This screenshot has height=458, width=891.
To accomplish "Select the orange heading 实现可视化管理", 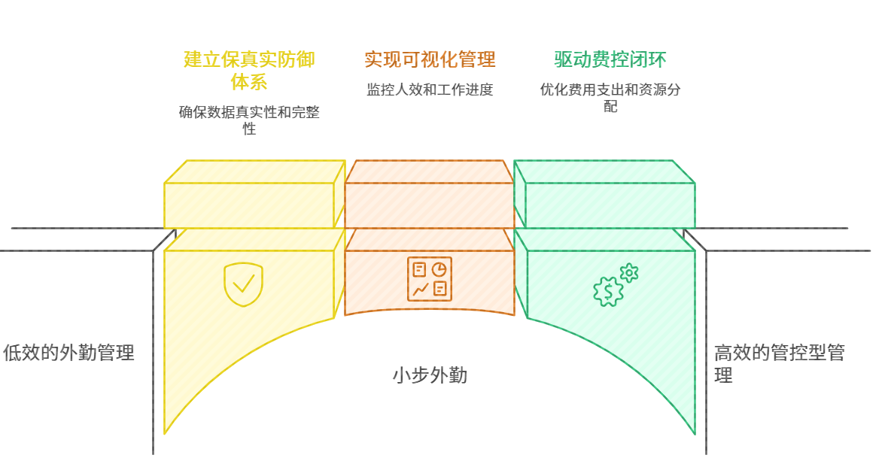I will point(430,59).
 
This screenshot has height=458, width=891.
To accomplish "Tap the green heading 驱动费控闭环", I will point(610,59).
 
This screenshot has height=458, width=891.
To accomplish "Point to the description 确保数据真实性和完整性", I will point(249,120).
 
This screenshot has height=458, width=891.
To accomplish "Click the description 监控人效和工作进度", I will point(430,90).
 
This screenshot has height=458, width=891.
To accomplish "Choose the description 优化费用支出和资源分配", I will point(610,98).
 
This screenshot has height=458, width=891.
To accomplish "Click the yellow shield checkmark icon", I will point(243,284).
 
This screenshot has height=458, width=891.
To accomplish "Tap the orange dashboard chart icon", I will point(430,279).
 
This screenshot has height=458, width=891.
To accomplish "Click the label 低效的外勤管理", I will point(68,353).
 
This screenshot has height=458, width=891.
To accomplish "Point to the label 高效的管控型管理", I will point(779,364).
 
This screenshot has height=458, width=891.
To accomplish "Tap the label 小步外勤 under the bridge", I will point(430,375).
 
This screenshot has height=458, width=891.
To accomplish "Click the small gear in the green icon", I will point(629,273).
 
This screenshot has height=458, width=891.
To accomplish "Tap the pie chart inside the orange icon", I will point(439,269).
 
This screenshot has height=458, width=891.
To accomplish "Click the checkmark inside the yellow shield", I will point(243,284).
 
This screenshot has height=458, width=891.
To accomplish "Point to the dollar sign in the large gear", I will point(607,291).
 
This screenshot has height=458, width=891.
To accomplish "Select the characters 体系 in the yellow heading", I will point(249,81).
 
